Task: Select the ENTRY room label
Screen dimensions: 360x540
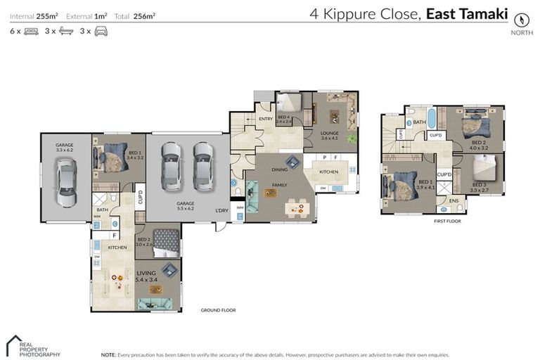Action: coord(266,119)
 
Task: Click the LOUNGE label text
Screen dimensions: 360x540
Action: coord(330,132)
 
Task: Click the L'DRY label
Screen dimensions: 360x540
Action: coord(222,210)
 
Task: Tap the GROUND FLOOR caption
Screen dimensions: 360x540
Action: coord(218,310)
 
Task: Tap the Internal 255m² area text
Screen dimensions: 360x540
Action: coord(33,15)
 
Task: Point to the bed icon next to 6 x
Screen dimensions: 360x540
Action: coord(31,32)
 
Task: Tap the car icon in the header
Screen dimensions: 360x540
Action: coord(101,32)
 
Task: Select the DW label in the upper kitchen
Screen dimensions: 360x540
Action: coord(323,188)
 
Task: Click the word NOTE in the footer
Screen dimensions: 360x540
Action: coord(108,355)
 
